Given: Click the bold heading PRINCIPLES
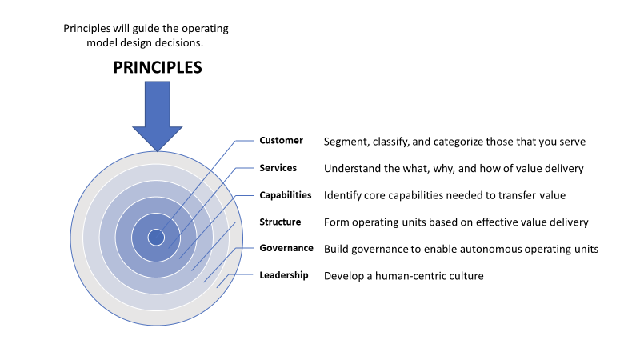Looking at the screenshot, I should tap(157, 67).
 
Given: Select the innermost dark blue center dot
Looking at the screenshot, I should tap(157, 237).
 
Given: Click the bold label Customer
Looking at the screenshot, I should tap(281, 141).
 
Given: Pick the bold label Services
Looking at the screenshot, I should tap(278, 168).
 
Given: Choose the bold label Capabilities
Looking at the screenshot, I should tap(285, 195).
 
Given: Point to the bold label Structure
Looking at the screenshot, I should tap(280, 222).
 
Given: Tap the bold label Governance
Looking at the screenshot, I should tap(286, 248).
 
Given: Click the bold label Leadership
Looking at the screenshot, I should tap(284, 275).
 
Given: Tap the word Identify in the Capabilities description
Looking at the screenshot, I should tap(342, 195).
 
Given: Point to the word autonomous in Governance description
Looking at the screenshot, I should tap(502, 249).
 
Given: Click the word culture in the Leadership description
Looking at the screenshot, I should tap(466, 276).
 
